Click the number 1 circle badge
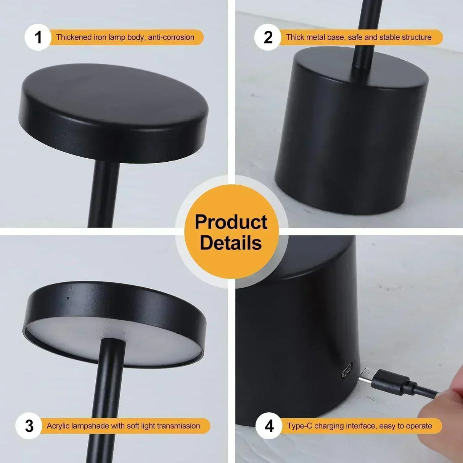(38, 37)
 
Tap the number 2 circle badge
(268, 37)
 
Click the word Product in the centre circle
(231, 222)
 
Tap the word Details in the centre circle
(231, 243)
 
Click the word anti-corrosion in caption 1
(171, 37)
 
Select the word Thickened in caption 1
(74, 37)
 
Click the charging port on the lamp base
(347, 370)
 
